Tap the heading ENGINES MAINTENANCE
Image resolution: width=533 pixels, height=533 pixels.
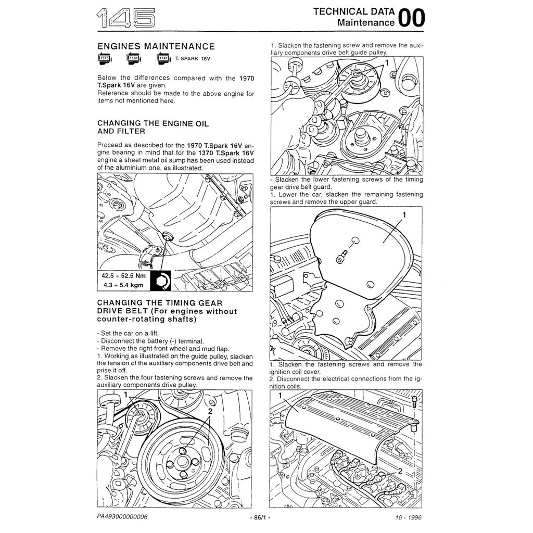156,47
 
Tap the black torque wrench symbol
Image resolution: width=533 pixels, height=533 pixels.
160,281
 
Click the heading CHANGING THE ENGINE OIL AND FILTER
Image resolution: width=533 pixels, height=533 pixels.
153,128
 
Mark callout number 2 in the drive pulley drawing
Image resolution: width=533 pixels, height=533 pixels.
210,411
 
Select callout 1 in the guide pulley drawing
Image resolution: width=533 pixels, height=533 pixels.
386,62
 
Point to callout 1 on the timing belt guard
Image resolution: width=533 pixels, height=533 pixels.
404,214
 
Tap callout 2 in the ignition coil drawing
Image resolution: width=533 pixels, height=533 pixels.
400,471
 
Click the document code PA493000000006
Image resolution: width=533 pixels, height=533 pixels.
122,517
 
